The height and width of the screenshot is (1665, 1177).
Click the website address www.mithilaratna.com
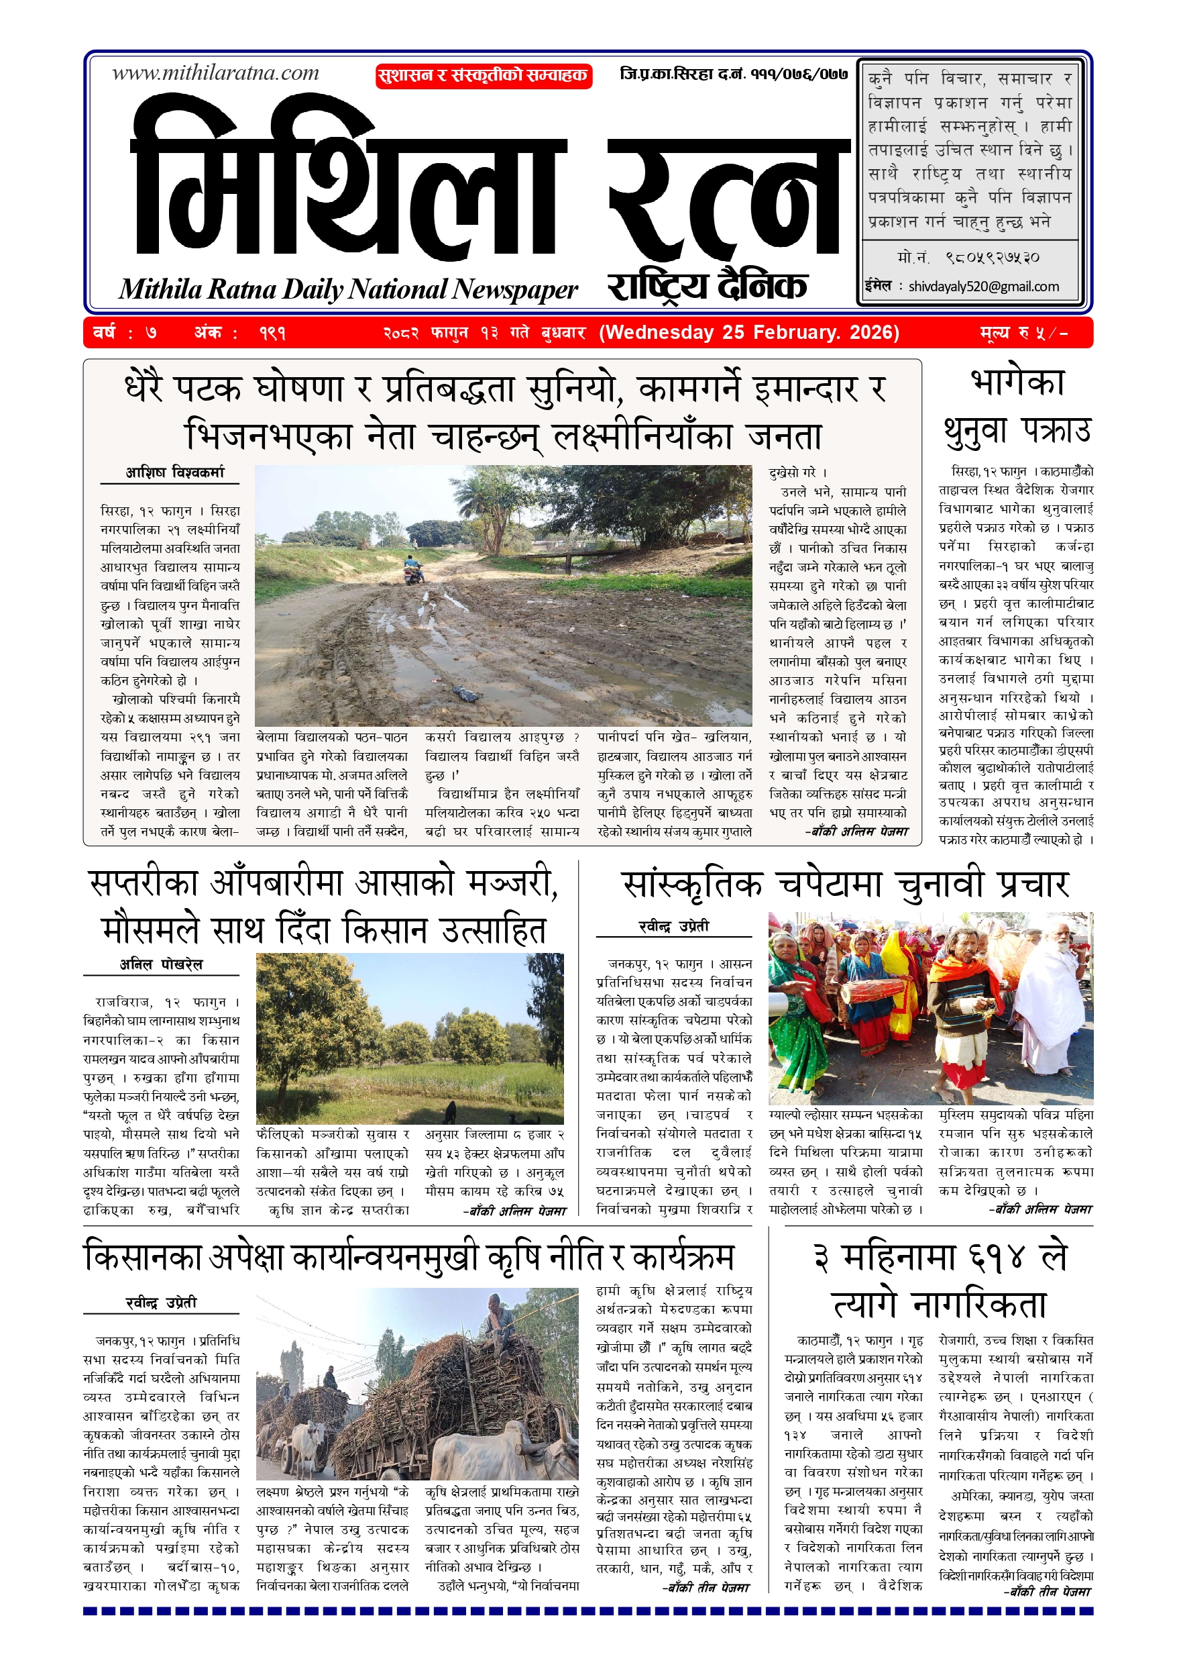pyautogui.click(x=215, y=72)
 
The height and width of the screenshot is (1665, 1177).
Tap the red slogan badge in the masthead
pyautogui.click(x=484, y=75)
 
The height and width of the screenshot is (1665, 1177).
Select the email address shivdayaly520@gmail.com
pyautogui.click(x=983, y=287)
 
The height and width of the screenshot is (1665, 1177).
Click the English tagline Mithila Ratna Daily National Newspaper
pyautogui.click(x=348, y=289)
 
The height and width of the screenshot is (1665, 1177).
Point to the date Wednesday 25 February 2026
pyautogui.click(x=748, y=332)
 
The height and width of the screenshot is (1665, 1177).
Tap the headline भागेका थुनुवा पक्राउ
pyautogui.click(x=1016, y=407)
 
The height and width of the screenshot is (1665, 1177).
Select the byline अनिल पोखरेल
pyautogui.click(x=161, y=964)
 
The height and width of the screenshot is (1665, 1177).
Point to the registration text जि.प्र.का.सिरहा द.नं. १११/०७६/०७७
pyautogui.click(x=734, y=74)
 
